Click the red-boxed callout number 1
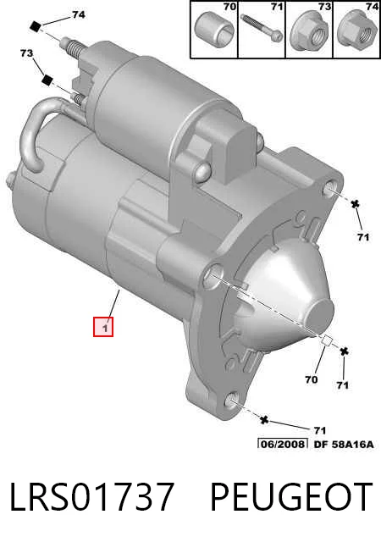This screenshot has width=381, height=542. [x=103, y=326]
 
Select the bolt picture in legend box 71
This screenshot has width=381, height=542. [x=262, y=28]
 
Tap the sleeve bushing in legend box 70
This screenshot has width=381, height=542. [x=214, y=30]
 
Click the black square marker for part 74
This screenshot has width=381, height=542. [x=36, y=26]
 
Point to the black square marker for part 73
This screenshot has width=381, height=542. [x=47, y=80]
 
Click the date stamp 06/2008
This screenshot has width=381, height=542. [x=283, y=444]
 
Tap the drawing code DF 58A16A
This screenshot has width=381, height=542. [x=344, y=444]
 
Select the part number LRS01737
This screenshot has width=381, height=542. [x=91, y=497]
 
